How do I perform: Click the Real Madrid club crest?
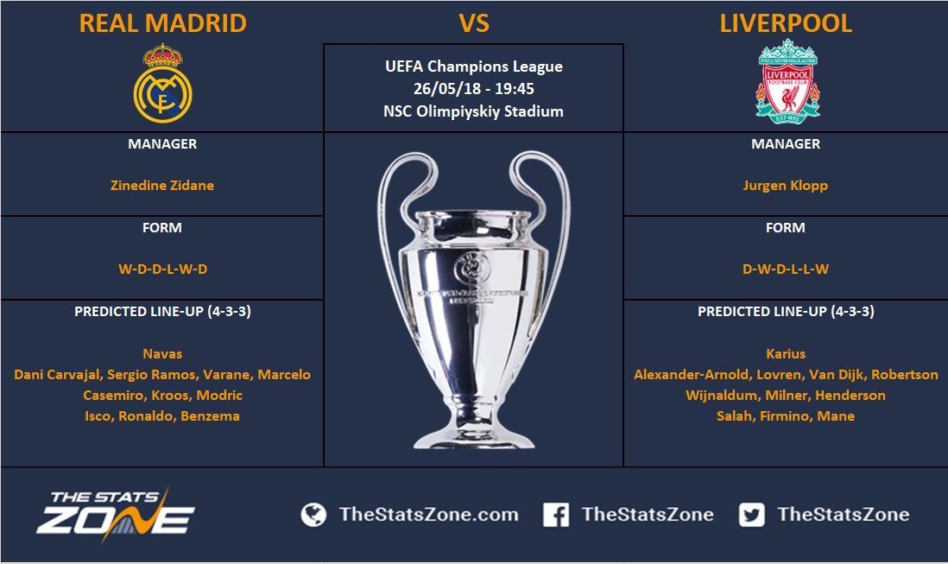pyautogui.click(x=162, y=84)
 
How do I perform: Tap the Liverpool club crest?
pyautogui.click(x=787, y=81)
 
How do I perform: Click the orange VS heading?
pyautogui.click(x=474, y=23)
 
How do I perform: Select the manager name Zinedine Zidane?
pyautogui.click(x=162, y=186)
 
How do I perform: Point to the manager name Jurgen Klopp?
pyautogui.click(x=786, y=186)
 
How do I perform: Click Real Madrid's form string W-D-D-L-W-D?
pyautogui.click(x=162, y=269)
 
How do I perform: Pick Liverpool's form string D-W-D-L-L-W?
pyautogui.click(x=786, y=269)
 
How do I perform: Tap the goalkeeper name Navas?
pyautogui.click(x=162, y=353)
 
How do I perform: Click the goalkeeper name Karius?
pyautogui.click(x=786, y=353)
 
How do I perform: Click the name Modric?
pyautogui.click(x=219, y=396)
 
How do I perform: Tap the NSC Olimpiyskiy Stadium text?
pyautogui.click(x=473, y=111)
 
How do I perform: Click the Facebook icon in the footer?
pyautogui.click(x=556, y=515)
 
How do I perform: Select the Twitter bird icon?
pyautogui.click(x=751, y=515)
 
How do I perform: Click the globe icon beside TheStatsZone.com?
pyautogui.click(x=313, y=515)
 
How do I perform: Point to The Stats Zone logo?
pyautogui.click(x=115, y=513)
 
